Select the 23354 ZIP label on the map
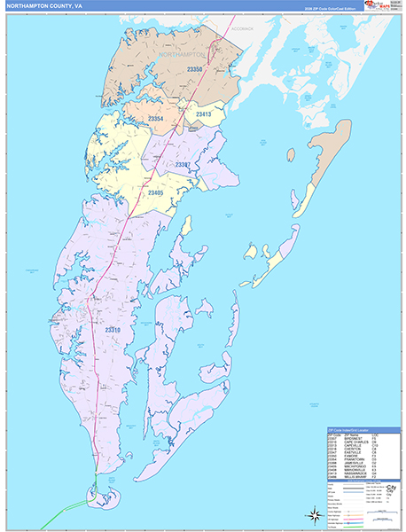(x=156, y=118)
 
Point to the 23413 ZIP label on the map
(x=203, y=114)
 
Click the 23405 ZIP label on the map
(x=155, y=192)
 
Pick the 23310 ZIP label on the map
(x=113, y=330)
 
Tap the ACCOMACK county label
(x=242, y=28)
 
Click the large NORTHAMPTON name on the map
(x=181, y=55)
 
